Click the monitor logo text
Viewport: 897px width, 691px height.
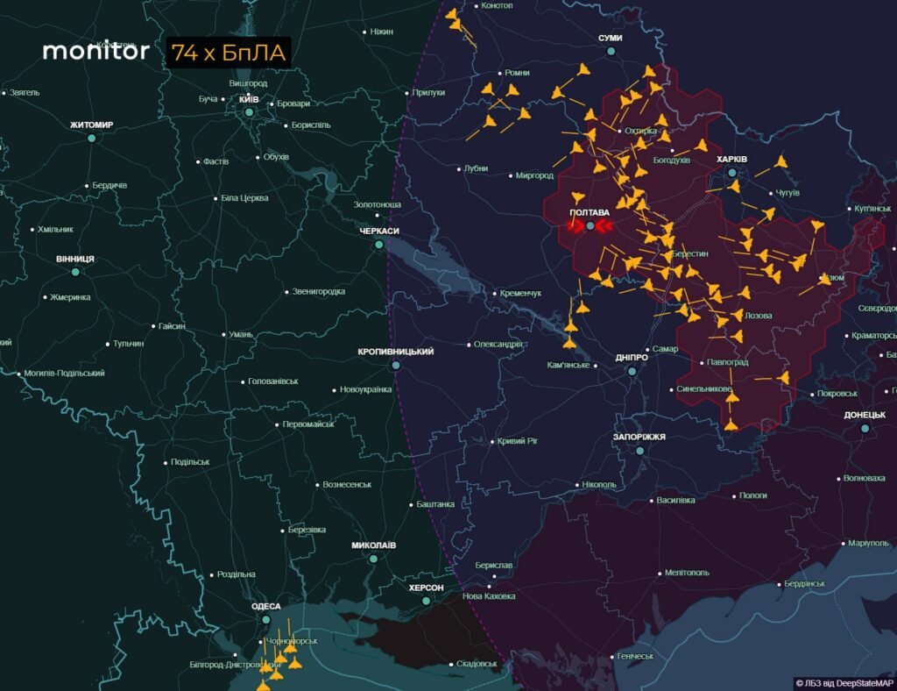coord(95,51)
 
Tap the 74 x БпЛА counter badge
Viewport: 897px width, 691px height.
coord(228,53)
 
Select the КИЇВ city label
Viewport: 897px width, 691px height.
coord(249,99)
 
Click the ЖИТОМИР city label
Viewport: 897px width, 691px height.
coord(91,125)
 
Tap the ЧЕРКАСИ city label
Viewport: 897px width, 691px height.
coord(379,232)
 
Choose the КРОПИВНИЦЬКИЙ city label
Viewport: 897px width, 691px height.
coord(396,352)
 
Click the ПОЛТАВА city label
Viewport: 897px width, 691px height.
coord(590,213)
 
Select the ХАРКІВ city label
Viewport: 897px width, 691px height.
coord(731,160)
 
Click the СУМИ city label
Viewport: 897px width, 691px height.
coord(611,39)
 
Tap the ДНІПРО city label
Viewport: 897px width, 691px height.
coord(632,358)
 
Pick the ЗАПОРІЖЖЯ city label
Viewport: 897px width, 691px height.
coord(639,437)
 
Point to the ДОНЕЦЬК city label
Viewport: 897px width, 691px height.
coord(865,416)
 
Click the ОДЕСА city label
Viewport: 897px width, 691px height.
coord(266,607)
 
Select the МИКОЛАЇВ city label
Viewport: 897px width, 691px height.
coord(374,545)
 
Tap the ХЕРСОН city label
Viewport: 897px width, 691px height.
coord(426,588)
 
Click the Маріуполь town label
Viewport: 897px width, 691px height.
coord(868,544)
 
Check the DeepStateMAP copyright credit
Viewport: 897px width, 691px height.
coord(844,682)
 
